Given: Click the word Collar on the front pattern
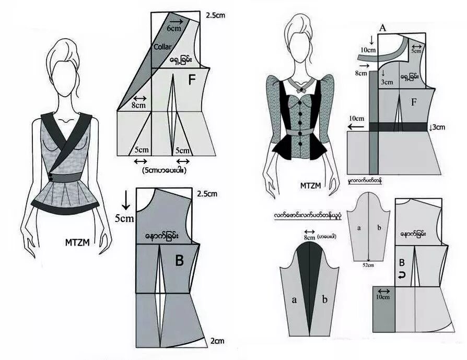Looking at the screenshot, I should tap(163, 47).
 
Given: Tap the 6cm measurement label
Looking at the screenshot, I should tap(174, 29).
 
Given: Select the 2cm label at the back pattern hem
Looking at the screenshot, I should tap(217, 341).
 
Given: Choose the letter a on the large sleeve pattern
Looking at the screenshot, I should tap(294, 299).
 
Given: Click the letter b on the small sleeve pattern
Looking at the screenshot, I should tap(379, 228).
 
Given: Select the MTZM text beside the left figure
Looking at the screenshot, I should tap(79, 242).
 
